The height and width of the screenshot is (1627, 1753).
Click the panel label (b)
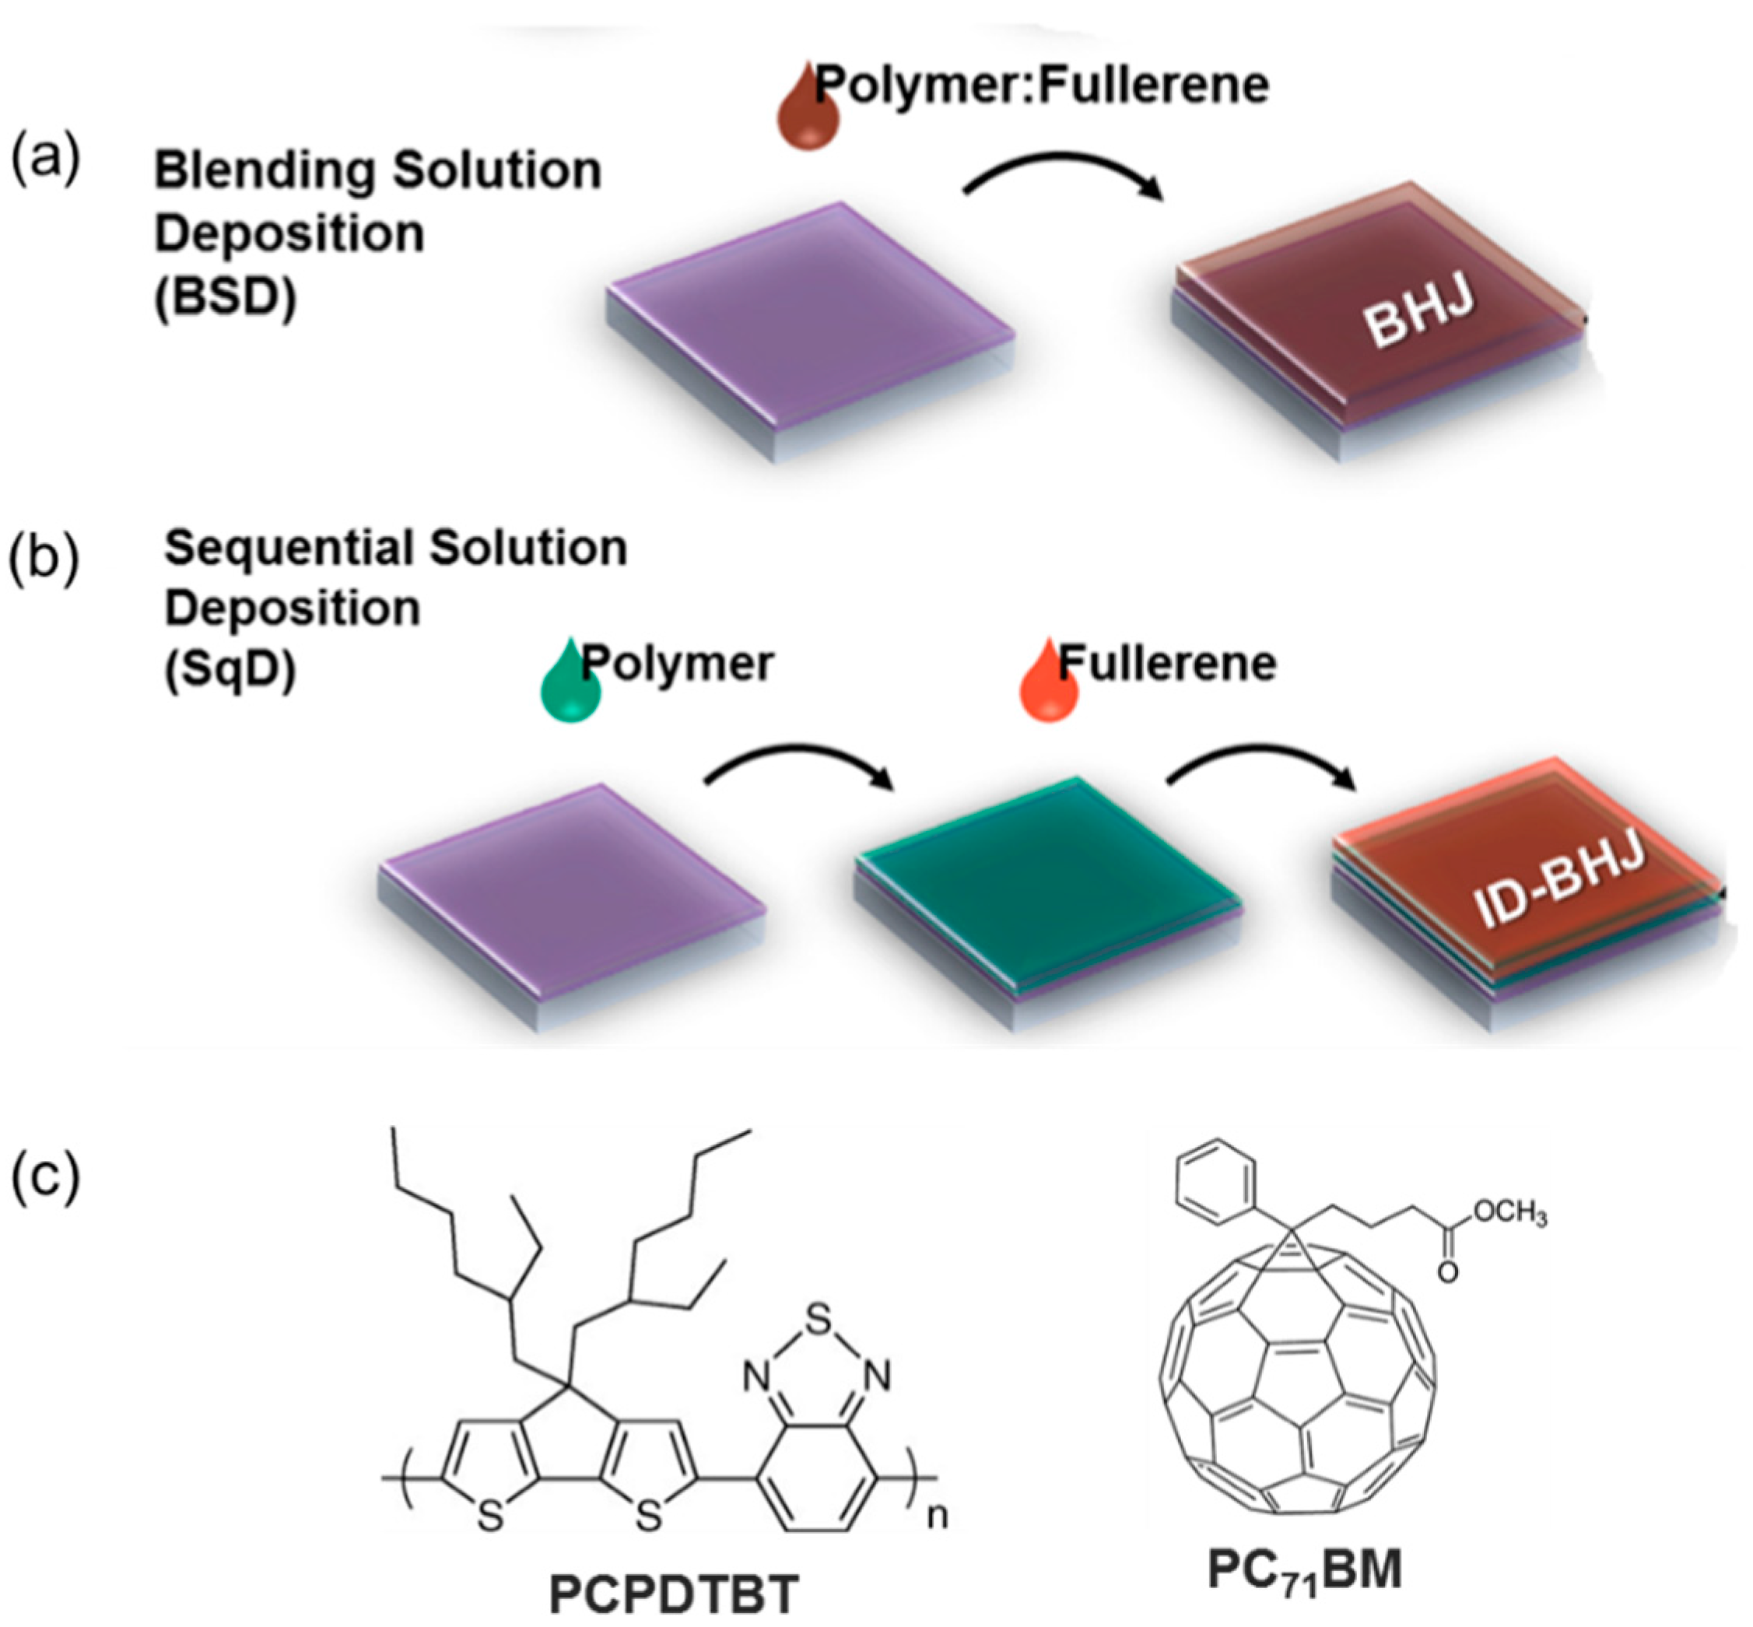tap(44, 561)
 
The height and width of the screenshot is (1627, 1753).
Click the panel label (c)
tap(44, 1176)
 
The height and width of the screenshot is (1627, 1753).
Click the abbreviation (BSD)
tap(226, 299)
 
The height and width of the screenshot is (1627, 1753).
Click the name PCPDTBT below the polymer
tap(674, 1594)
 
